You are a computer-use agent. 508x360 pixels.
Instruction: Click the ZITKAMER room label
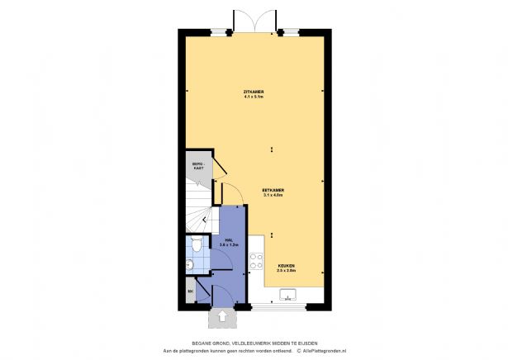pos(253,91)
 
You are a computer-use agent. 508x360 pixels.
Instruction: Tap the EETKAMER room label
pos(273,190)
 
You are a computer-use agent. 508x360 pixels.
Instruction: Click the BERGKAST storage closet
pos(198,168)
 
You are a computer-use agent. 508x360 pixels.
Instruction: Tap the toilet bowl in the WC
pos(197,244)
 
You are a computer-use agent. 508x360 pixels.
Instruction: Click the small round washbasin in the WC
pos(190,264)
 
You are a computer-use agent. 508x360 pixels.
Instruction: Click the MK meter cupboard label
pos(191,291)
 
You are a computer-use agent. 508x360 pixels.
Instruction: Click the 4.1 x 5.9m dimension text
pos(253,97)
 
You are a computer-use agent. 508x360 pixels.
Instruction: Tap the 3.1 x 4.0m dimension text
pos(273,196)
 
